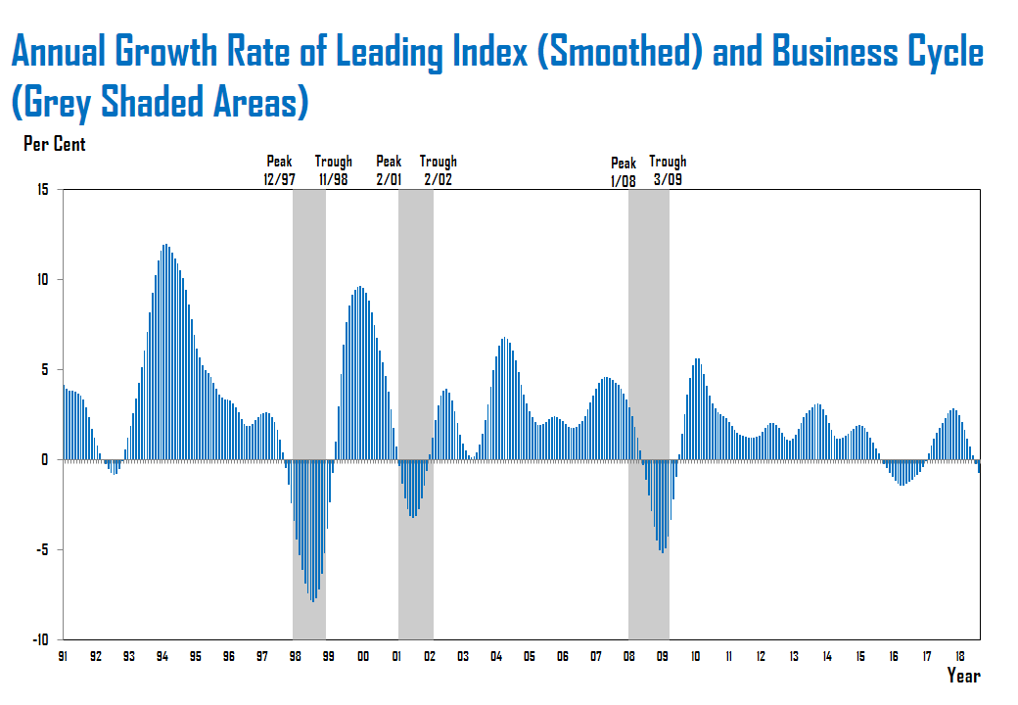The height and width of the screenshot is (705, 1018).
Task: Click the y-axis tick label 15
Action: coord(44,189)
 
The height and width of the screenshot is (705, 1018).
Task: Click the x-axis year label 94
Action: coord(162,657)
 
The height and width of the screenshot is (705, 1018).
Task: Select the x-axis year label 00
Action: coord(363,657)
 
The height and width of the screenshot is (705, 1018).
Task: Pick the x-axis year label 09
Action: coord(663,657)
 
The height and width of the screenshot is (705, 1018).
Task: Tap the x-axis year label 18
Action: coord(961,657)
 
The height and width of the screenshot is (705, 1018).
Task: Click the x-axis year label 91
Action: coord(63,657)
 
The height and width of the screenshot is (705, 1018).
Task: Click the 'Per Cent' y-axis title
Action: coord(54,145)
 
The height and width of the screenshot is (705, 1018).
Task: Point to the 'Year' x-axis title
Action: coord(963,676)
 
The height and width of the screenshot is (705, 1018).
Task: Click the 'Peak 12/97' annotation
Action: coord(280,171)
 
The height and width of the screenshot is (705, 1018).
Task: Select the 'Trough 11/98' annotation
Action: coord(334,171)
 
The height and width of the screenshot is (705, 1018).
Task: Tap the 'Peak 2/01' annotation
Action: coord(389,171)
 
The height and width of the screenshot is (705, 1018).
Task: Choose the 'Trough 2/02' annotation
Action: coord(438,171)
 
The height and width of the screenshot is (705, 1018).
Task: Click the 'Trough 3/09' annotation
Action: coord(668,171)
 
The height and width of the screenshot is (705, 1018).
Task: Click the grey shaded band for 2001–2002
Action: coord(415,411)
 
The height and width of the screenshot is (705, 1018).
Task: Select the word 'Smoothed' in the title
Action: coord(620,53)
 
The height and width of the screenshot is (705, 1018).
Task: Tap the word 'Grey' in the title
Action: coord(68,102)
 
